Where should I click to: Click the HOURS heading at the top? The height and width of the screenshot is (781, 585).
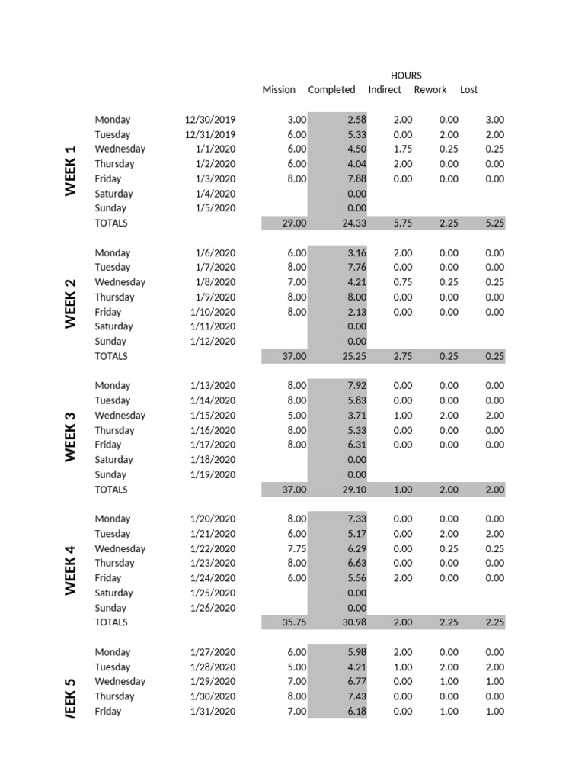tap(405, 76)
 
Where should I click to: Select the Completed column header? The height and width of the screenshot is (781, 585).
tap(331, 90)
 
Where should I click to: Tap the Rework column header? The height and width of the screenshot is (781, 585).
tap(430, 90)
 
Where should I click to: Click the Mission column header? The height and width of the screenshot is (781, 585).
tap(279, 90)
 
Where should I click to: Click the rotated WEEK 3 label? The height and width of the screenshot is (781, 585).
tap(71, 437)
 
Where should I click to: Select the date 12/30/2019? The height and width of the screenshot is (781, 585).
tap(210, 120)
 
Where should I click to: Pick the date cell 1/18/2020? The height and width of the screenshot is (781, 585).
tap(213, 460)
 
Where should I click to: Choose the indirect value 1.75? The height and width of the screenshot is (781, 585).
tap(403, 149)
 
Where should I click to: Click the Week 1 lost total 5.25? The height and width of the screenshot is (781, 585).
tap(494, 223)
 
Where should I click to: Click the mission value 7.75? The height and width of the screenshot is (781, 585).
tap(296, 549)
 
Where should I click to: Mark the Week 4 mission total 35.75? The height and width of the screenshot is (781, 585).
tap(294, 622)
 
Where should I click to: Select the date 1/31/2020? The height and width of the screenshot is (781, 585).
tap(213, 712)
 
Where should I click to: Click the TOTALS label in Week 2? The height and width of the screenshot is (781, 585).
tap(111, 356)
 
